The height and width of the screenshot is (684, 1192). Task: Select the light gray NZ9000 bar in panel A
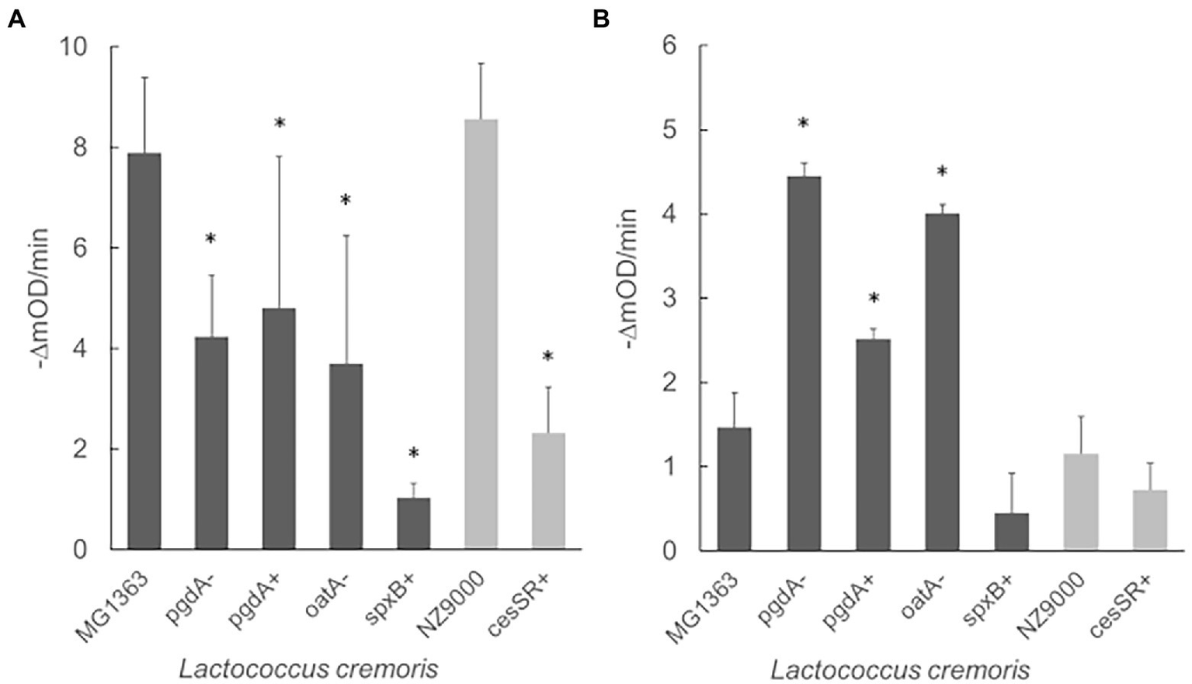tap(481, 334)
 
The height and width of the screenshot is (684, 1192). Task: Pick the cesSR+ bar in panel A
tap(548, 491)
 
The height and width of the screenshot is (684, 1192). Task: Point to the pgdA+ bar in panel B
tap(873, 445)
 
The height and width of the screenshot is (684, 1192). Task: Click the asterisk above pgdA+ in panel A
tap(280, 124)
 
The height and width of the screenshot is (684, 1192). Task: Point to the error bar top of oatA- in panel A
tap(346, 235)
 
